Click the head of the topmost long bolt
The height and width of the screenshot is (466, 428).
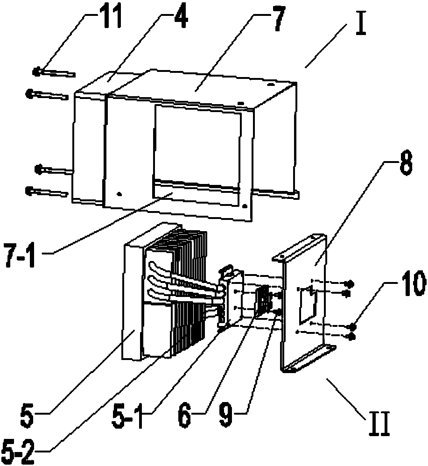click(x=36, y=71)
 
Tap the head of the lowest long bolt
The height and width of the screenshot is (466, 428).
click(x=29, y=190)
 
